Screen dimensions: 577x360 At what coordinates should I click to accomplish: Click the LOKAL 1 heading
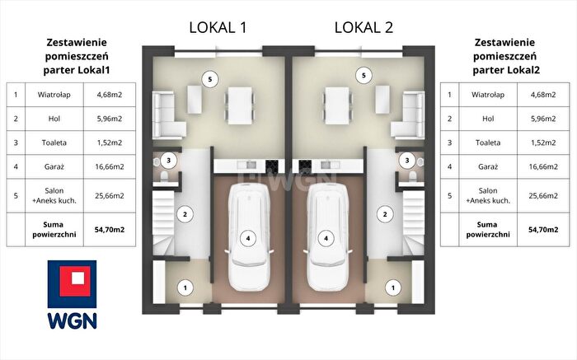(218, 27)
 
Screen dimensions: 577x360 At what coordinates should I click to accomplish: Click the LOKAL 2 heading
(364, 27)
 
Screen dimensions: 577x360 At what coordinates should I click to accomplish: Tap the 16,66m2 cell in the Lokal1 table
(110, 166)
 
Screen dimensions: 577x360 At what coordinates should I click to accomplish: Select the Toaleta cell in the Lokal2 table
(488, 143)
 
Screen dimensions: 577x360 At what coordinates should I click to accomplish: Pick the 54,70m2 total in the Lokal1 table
(110, 230)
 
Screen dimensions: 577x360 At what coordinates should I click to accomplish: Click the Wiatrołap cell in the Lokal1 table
(54, 95)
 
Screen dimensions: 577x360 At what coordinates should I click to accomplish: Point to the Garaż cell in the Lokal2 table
(488, 166)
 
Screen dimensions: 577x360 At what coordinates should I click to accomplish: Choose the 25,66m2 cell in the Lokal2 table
(543, 195)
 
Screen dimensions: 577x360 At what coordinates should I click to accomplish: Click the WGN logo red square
(76, 281)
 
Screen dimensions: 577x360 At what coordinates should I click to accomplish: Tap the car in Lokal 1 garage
(248, 237)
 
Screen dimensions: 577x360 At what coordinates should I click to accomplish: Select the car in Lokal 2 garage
(326, 237)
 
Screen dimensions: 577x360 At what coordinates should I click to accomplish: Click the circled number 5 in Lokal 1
(209, 79)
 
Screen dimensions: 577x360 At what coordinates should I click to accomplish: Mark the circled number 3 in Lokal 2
(407, 161)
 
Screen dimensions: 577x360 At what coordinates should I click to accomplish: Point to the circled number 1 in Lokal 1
(185, 288)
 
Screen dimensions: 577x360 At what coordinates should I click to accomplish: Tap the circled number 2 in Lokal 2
(385, 214)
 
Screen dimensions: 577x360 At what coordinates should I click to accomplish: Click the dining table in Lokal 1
(240, 105)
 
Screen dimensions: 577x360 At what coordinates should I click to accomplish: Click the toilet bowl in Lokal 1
(164, 176)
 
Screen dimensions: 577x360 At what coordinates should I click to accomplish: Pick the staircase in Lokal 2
(414, 222)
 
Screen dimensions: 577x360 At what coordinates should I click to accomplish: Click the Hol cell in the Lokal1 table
(54, 119)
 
